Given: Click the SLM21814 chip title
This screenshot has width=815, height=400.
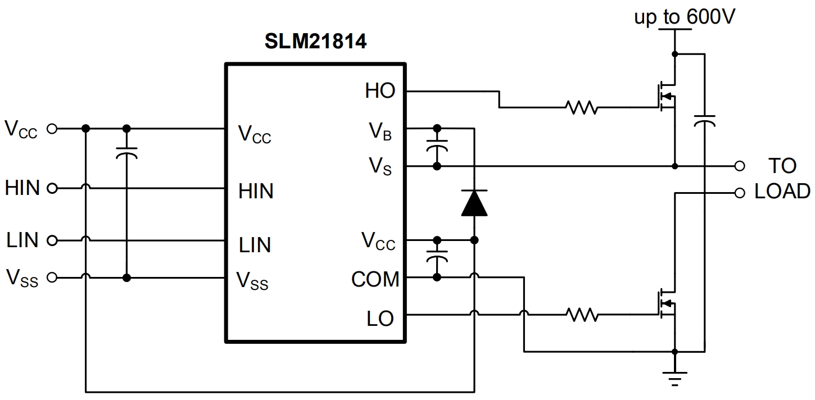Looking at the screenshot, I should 316,42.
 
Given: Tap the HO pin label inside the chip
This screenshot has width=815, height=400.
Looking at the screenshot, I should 380,91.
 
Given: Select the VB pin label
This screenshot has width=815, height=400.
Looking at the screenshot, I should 380,132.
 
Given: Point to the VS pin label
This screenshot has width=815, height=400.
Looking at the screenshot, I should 380,166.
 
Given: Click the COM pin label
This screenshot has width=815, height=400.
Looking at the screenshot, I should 375,279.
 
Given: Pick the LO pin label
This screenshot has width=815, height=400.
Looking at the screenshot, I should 380,319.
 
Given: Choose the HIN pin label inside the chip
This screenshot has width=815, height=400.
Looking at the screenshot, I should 256,192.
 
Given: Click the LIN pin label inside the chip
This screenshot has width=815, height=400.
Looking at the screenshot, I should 255,245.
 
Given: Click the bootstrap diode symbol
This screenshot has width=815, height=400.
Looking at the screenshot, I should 474,203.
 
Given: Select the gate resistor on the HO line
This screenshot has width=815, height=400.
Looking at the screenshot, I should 582,107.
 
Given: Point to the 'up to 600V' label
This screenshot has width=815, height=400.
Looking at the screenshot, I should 683,17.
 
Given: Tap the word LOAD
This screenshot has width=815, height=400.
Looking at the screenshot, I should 782,192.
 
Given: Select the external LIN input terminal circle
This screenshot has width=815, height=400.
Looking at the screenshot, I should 52,240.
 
